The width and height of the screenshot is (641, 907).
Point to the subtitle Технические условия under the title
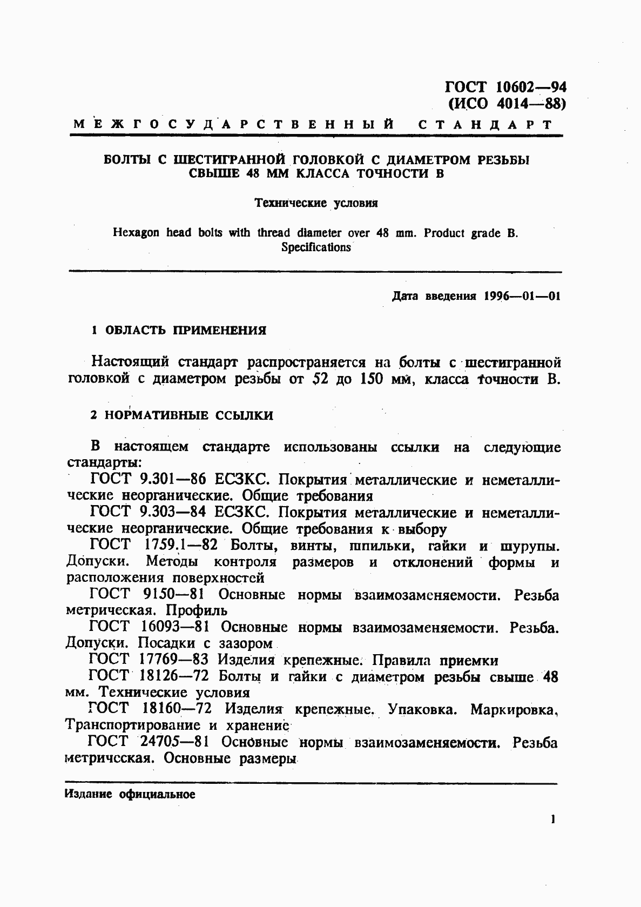(316, 203)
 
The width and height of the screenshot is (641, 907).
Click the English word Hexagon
(136, 233)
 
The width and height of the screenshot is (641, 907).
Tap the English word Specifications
(316, 247)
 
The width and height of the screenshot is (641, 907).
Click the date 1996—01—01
(522, 297)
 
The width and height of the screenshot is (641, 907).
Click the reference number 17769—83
(174, 660)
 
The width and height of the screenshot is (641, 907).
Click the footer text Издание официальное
(130, 795)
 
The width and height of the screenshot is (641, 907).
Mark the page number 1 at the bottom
(552, 819)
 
